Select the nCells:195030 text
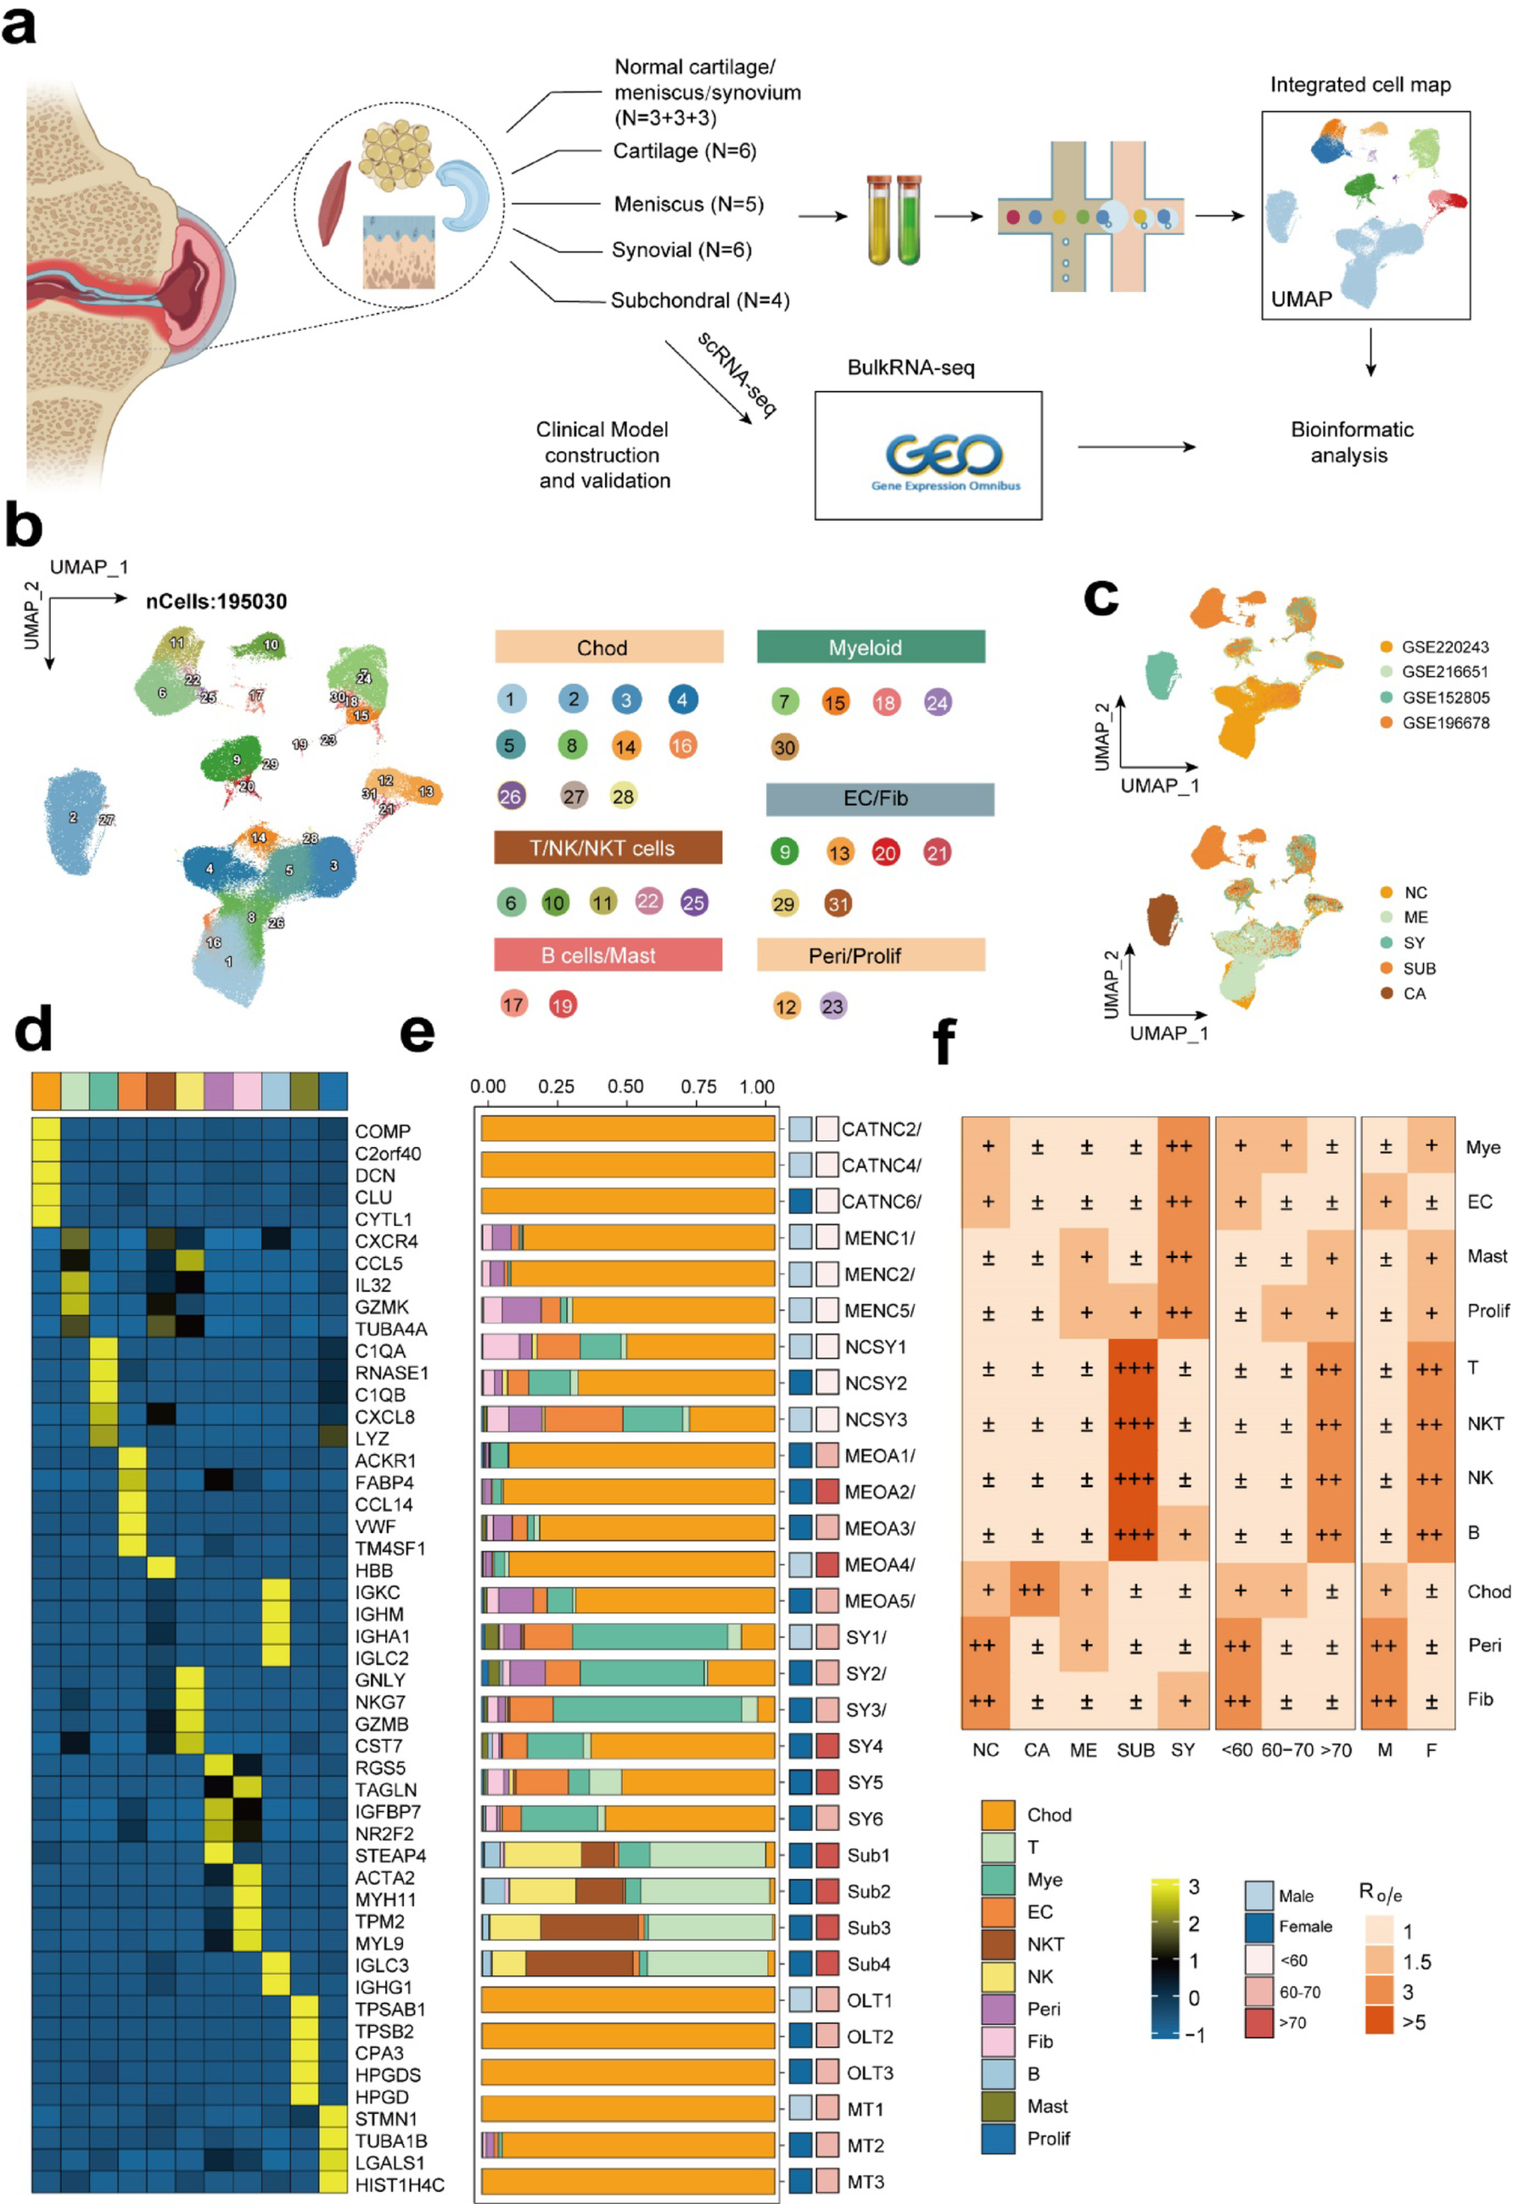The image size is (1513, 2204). (216, 601)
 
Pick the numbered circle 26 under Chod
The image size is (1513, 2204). (510, 796)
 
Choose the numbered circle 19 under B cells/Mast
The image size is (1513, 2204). (562, 1005)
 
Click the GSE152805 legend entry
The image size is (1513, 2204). (1445, 697)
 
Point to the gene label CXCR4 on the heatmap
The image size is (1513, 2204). (386, 1241)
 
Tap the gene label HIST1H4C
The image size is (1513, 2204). (400, 2185)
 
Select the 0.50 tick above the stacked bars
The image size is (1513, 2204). (625, 1087)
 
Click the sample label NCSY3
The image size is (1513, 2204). (876, 1419)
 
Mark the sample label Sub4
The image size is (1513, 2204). (868, 1964)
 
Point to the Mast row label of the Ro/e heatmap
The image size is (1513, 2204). (1487, 1256)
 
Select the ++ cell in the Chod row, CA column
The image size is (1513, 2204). (1032, 1591)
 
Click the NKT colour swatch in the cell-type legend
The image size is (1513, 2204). (998, 1945)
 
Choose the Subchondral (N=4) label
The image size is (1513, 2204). (700, 300)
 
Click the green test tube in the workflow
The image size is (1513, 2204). (910, 220)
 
